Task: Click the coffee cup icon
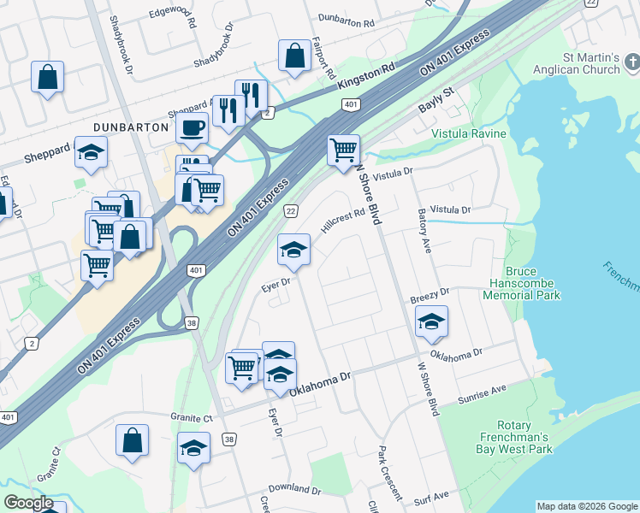pyautogui.click(x=192, y=129)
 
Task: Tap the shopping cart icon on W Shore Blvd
pyautogui.click(x=343, y=150)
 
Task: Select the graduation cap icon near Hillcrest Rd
pyautogui.click(x=293, y=250)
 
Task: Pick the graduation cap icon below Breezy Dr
pyautogui.click(x=431, y=321)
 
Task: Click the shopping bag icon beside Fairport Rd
pyautogui.click(x=294, y=56)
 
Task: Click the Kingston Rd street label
pyautogui.click(x=366, y=78)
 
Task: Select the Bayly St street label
pyautogui.click(x=436, y=107)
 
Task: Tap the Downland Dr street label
pyautogui.click(x=294, y=491)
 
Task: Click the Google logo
pyautogui.click(x=28, y=502)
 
